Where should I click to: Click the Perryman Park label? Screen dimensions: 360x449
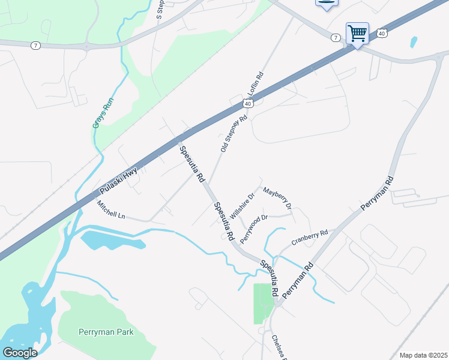[105, 332]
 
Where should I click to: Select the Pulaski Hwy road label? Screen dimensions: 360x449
[118, 181]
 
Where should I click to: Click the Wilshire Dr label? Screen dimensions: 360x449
[243, 205]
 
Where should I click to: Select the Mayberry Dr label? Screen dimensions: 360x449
[277, 197]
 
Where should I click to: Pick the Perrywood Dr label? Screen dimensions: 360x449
[253, 229]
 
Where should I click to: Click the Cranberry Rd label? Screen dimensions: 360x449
[310, 238]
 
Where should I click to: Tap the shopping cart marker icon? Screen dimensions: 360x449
[357, 32]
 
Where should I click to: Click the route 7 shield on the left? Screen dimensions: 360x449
[36, 46]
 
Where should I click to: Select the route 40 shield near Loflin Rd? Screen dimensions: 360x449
[247, 104]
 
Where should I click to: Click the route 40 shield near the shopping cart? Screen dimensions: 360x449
[382, 34]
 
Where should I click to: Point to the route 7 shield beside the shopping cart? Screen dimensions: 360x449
[336, 37]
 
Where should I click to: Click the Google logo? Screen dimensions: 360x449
[20, 353]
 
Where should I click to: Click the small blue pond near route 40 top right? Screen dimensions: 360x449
[414, 42]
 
